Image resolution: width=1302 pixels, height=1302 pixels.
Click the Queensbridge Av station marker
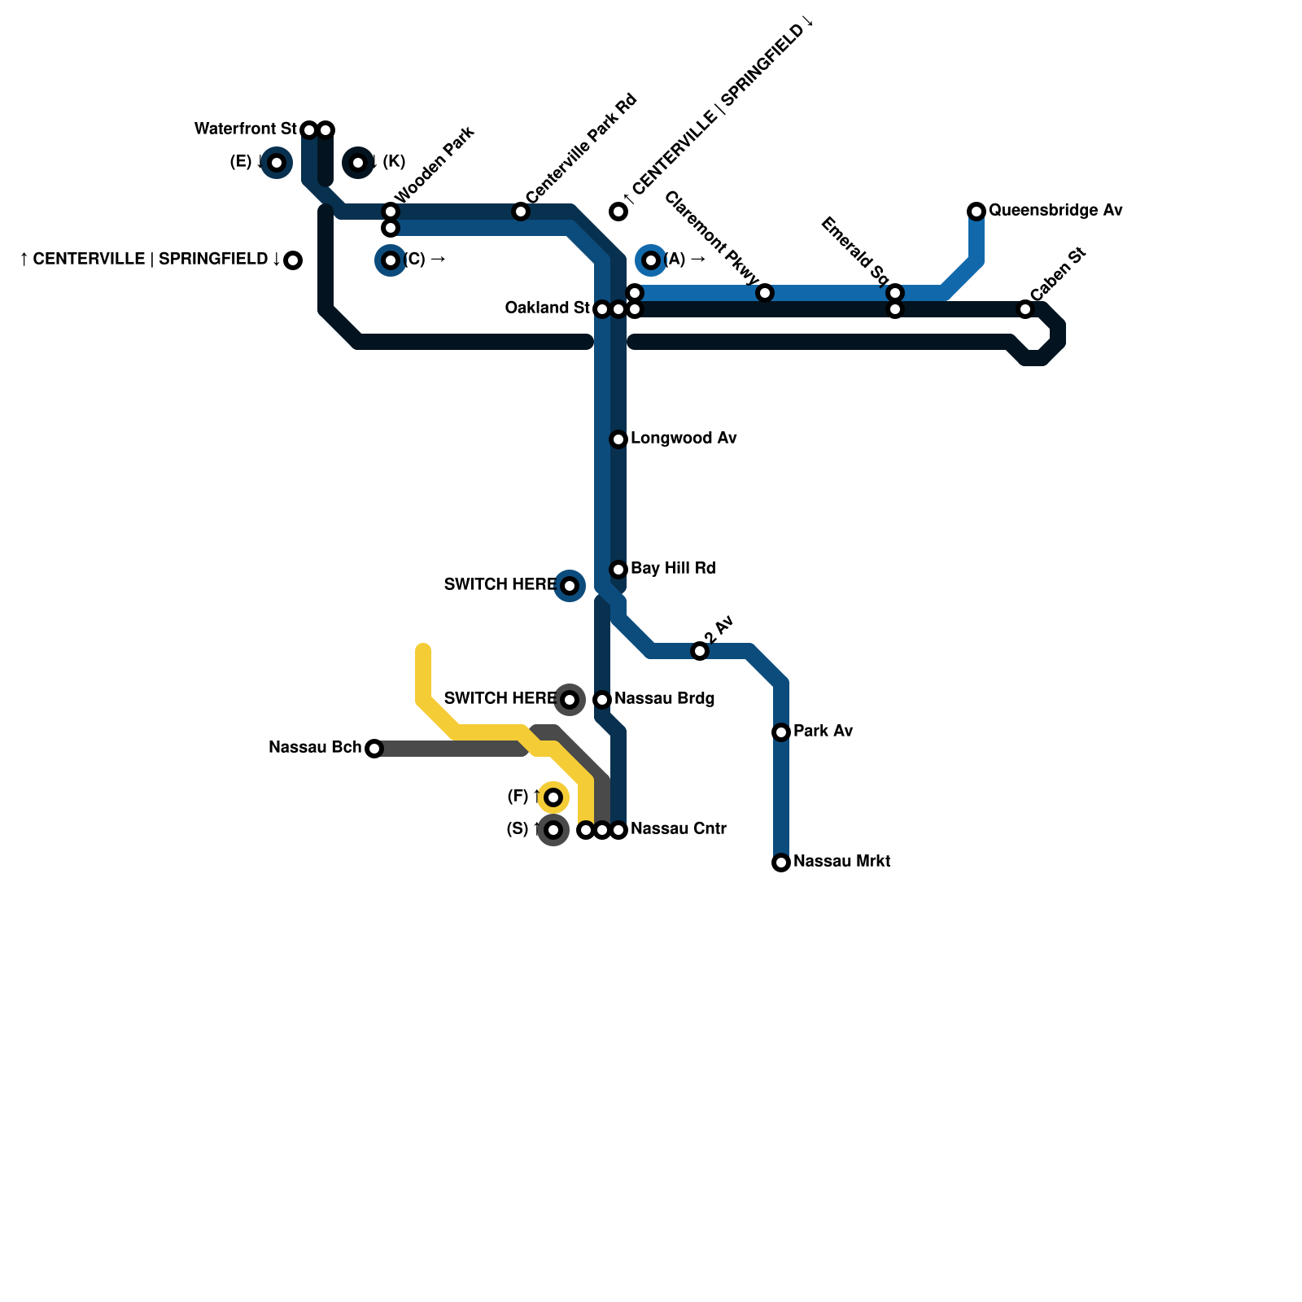point(976,212)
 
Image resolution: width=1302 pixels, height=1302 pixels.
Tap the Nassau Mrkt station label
point(841,862)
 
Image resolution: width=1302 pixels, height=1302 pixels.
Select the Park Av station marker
point(781,732)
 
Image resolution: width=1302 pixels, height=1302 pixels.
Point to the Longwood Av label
point(684,439)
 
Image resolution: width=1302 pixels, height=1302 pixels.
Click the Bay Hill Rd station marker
point(618,570)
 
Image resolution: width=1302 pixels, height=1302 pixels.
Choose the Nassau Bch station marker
point(374,749)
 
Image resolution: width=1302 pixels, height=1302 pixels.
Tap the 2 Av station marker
point(700,651)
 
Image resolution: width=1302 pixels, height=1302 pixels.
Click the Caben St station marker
point(1025,309)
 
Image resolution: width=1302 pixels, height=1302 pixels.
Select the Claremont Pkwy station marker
point(765,293)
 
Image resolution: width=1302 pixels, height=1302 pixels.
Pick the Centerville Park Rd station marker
point(521,212)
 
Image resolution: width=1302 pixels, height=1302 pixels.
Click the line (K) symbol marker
point(358,163)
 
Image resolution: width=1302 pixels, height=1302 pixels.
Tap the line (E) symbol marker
point(277,163)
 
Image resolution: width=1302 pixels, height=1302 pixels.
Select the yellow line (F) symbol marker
point(553,797)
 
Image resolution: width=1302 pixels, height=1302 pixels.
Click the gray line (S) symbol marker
point(553,830)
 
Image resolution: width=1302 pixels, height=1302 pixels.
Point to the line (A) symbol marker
point(651,260)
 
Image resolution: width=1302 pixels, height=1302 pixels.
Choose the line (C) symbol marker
point(391,260)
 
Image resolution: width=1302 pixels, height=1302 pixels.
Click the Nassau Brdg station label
point(664,699)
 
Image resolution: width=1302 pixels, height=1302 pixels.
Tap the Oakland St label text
point(547,308)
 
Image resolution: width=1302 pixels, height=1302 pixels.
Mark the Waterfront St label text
point(245,129)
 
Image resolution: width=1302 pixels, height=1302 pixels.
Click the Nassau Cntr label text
point(678,829)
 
